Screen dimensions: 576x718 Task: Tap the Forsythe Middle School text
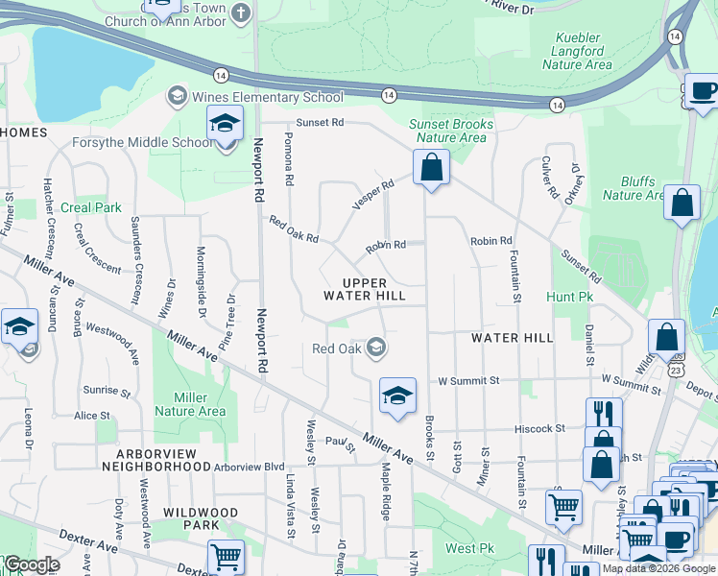tap(142, 143)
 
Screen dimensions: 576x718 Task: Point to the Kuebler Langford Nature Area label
tap(577, 52)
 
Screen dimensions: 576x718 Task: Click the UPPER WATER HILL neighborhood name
tap(364, 290)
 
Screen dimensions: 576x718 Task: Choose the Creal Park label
tap(91, 207)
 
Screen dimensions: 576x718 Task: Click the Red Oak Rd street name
tap(293, 229)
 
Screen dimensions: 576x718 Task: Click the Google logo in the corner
tap(32, 564)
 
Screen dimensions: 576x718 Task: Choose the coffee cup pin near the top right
tap(703, 92)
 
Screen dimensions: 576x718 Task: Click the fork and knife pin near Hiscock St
tap(602, 415)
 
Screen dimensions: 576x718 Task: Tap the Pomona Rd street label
tap(287, 160)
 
